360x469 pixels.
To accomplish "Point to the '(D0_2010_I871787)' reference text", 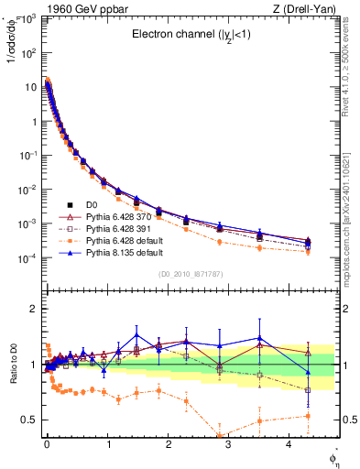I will [x=191, y=274].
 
